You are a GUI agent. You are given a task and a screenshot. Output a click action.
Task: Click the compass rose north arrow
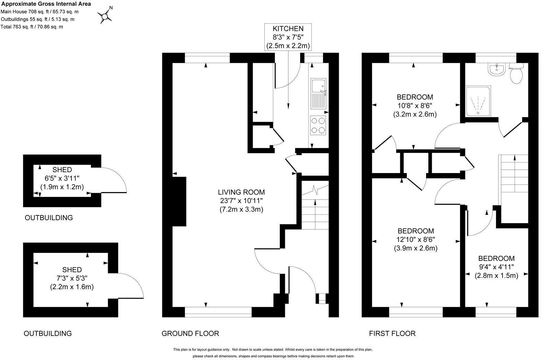click(105, 15)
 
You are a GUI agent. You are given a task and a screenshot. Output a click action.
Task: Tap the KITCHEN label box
click(288, 37)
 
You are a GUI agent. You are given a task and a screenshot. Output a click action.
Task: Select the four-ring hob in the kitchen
click(318, 125)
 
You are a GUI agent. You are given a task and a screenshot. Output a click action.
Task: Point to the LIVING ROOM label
click(241, 201)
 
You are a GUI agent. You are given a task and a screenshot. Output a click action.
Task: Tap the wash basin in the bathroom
click(496, 69)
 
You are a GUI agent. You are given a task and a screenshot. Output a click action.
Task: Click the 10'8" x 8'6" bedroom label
click(415, 105)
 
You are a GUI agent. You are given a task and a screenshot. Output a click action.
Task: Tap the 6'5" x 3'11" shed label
click(62, 178)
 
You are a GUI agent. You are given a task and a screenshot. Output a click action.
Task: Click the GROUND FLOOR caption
click(190, 333)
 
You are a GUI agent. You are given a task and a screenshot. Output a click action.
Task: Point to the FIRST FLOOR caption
click(392, 333)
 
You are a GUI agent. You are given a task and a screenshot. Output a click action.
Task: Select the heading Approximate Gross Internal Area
click(46, 4)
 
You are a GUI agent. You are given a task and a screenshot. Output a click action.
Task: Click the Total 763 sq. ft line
click(32, 27)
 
